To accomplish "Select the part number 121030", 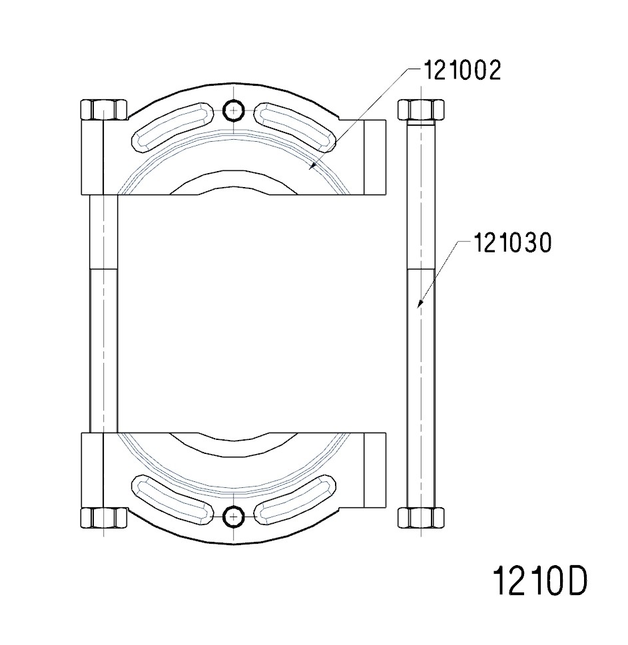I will [x=512, y=244].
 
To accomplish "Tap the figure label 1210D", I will [x=539, y=581].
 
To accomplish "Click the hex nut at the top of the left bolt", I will [x=103, y=109].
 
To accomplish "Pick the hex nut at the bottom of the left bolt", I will [x=103, y=518].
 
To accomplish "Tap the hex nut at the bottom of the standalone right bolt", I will [x=420, y=517].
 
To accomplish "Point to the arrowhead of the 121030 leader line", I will [x=418, y=306].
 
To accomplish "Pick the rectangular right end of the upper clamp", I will [x=374, y=157].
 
